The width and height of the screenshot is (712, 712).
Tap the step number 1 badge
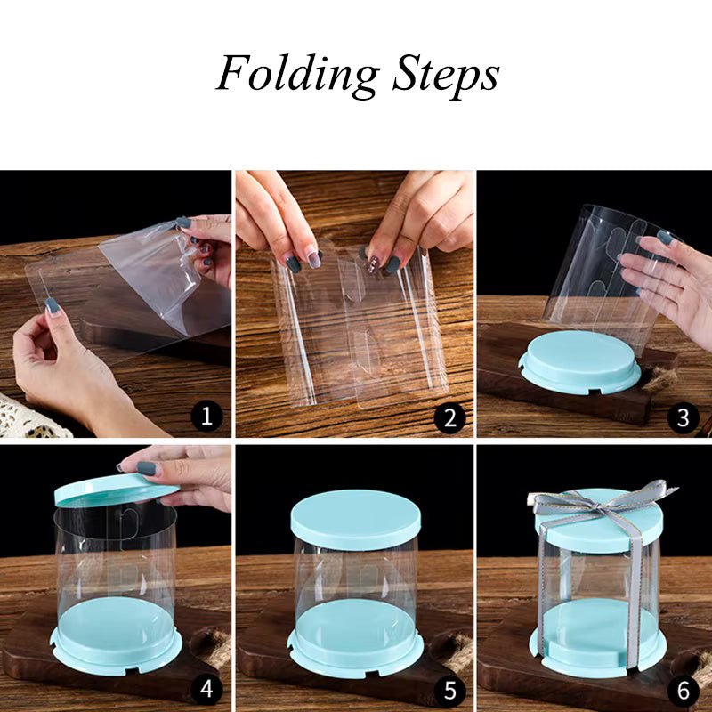click(206, 416)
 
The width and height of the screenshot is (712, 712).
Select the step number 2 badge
click(449, 416)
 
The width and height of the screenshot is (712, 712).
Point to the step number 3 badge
click(684, 416)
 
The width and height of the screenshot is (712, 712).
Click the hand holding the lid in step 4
click(182, 472)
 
